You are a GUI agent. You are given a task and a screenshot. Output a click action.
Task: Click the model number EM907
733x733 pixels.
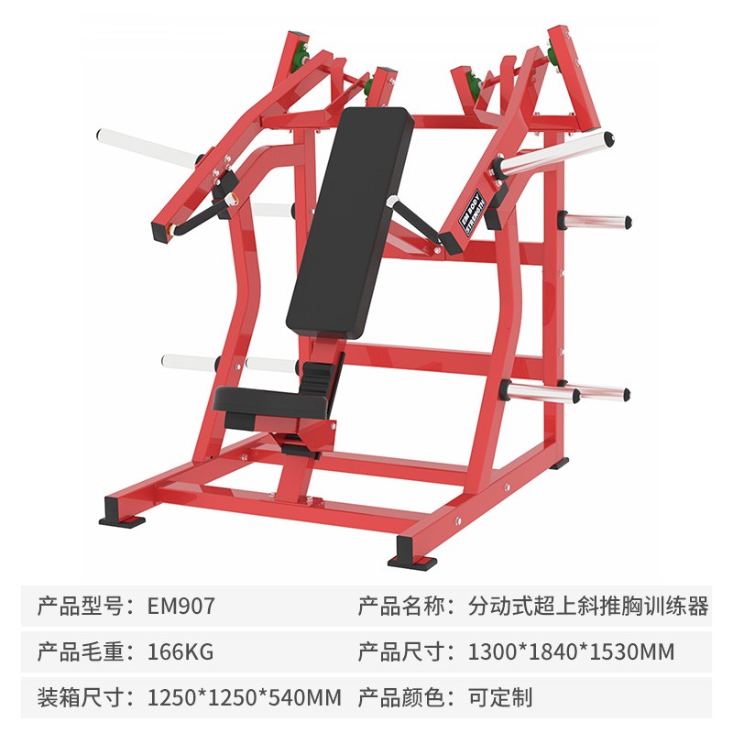click(181, 606)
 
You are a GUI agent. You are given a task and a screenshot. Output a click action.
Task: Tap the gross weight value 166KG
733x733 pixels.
click(181, 651)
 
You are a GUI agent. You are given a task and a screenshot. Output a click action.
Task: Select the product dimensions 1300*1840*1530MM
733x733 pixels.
click(571, 651)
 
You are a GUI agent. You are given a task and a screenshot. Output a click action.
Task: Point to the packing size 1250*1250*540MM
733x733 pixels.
click(245, 697)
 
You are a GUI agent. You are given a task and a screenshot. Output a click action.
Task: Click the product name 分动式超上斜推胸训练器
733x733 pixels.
click(588, 606)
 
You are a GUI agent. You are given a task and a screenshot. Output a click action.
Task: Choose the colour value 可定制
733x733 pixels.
click(500, 697)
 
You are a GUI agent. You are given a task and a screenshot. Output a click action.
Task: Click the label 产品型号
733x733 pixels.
click(80, 606)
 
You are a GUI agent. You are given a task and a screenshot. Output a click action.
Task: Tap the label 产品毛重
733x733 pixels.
click(80, 651)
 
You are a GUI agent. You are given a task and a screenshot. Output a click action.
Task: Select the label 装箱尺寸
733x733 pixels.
click(80, 697)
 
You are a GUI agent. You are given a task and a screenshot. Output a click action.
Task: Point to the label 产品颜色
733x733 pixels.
click(400, 697)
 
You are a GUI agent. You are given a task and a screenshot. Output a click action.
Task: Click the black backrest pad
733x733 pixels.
click(350, 222)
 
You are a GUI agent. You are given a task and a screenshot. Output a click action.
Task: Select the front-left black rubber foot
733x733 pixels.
click(122, 512)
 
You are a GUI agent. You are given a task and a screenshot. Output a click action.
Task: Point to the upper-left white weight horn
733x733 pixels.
click(147, 148)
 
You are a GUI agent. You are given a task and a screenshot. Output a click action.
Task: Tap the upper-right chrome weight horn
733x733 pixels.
click(555, 154)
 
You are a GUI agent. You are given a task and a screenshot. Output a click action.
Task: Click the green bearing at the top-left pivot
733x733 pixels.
click(300, 58)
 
